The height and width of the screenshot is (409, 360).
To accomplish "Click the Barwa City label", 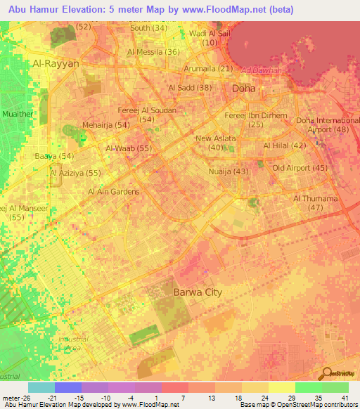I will pyautogui.click(x=198, y=291).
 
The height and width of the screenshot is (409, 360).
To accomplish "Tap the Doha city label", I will pyautogui.click(x=244, y=89).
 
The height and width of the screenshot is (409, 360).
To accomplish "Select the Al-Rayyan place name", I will pyautogui.click(x=56, y=63).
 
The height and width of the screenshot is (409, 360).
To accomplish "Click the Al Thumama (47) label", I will pyautogui.click(x=316, y=203).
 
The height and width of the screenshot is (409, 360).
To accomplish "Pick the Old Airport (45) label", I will pyautogui.click(x=300, y=168).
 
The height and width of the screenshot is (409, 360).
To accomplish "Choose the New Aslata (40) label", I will pyautogui.click(x=216, y=143).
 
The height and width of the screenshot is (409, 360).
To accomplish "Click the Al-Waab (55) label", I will pyautogui.click(x=129, y=148).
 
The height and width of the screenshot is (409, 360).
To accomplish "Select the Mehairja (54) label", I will pyautogui.click(x=106, y=124).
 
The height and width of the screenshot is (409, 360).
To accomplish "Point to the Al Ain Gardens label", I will pyautogui.click(x=113, y=191).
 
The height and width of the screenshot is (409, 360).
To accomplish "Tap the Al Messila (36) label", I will pyautogui.click(x=153, y=52).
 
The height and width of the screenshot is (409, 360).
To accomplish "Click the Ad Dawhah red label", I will pyautogui.click(x=261, y=70).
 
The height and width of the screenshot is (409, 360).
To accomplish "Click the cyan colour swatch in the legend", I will pyautogui.click(x=41, y=387).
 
